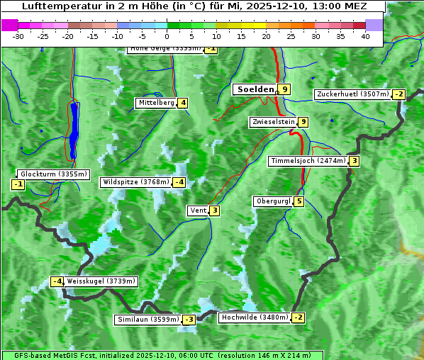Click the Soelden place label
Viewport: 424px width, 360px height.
coord(254,89)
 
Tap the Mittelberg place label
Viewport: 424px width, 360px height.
coord(156,103)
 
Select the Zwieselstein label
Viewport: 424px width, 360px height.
coord(273,123)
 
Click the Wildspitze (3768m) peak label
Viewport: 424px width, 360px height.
coord(136,182)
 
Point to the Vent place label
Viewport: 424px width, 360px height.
coord(198,210)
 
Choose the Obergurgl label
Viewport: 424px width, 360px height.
coord(273,201)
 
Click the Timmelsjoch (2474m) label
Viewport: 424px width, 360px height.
coord(308,161)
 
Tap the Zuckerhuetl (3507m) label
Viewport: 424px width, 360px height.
coord(353,94)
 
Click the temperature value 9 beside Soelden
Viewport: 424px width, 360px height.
coord(284,89)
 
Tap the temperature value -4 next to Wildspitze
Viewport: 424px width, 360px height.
coord(179,182)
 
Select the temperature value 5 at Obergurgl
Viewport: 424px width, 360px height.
coord(299,201)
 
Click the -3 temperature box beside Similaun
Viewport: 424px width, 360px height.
coord(189,320)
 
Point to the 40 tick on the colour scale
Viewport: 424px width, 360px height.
coord(365,35)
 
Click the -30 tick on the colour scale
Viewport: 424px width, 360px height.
coord(18,35)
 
